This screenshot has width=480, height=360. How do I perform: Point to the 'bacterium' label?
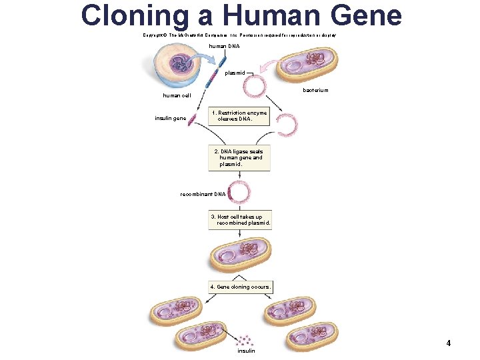pyautogui.click(x=315, y=90)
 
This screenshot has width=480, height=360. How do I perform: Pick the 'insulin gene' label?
pyautogui.click(x=170, y=119)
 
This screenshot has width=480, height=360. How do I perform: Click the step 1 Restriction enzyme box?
pyautogui.click(x=239, y=117)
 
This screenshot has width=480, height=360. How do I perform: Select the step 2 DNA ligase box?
pyautogui.click(x=239, y=158)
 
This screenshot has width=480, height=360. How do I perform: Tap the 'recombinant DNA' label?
pyautogui.click(x=203, y=194)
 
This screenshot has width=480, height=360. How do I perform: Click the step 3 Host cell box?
pyautogui.click(x=240, y=220)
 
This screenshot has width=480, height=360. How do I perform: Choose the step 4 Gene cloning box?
pyautogui.click(x=240, y=287)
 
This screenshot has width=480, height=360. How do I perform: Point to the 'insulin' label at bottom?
pyautogui.click(x=245, y=351)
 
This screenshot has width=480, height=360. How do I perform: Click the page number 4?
pyautogui.click(x=448, y=343)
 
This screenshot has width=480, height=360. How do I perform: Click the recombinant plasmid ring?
pyautogui.click(x=239, y=193)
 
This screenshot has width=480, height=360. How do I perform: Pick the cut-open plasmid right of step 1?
pyautogui.click(x=287, y=124)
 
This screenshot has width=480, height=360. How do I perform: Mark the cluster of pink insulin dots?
pyautogui.click(x=246, y=339)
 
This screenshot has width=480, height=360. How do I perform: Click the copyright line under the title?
pyautogui.click(x=239, y=35)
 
